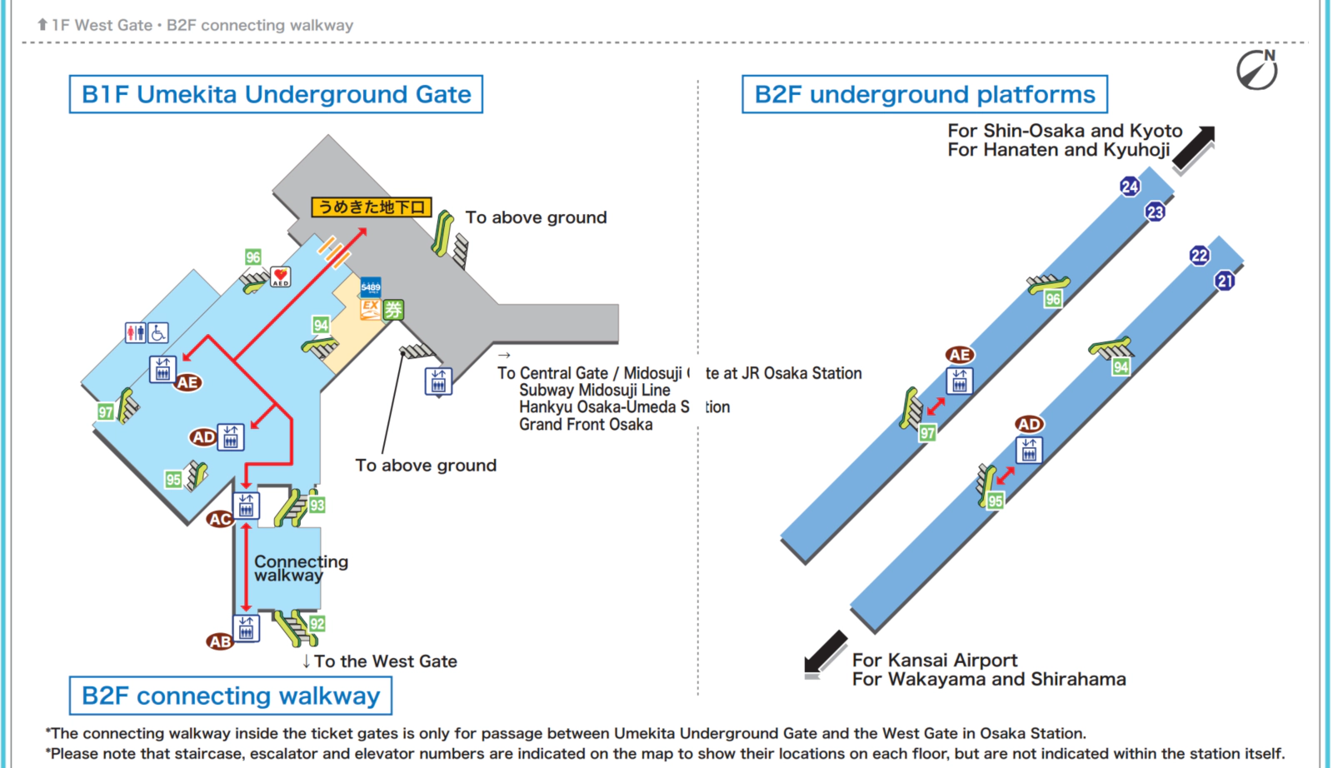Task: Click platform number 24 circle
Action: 1130,187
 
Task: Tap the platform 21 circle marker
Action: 1225,281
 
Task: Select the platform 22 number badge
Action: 1200,256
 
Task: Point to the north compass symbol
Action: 1257,70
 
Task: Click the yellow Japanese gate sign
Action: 372,207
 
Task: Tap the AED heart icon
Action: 281,277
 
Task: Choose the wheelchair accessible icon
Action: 158,333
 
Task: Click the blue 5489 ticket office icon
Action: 371,287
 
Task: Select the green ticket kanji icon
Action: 393,310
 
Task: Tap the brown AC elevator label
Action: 220,519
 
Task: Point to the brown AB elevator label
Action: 220,641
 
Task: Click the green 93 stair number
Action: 317,505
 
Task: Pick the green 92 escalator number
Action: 317,624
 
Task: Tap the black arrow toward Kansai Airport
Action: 825,652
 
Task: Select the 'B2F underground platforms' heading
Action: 925,94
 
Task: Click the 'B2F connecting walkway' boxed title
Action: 231,696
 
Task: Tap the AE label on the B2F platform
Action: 960,355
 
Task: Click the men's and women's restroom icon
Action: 136,333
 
